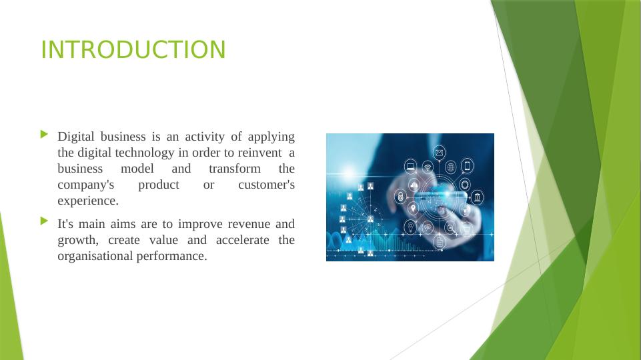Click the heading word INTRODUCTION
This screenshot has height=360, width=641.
(x=133, y=50)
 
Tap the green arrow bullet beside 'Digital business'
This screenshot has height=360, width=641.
(x=45, y=134)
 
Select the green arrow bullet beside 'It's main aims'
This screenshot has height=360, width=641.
(x=45, y=221)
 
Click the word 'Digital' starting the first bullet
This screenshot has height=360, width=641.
(x=76, y=137)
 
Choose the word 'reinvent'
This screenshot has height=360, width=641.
(x=259, y=153)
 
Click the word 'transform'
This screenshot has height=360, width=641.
(x=235, y=169)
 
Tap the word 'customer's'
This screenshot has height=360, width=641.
(x=267, y=185)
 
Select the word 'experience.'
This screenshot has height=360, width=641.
(x=88, y=201)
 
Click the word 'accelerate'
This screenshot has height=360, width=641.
(x=242, y=240)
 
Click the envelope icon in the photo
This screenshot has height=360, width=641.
(x=439, y=153)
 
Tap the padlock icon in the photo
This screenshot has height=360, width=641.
(x=400, y=197)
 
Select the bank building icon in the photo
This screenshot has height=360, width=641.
(x=477, y=197)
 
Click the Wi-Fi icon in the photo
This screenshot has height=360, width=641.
(x=428, y=167)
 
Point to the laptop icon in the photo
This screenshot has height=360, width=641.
(x=410, y=166)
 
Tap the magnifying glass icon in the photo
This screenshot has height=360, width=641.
(x=450, y=228)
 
